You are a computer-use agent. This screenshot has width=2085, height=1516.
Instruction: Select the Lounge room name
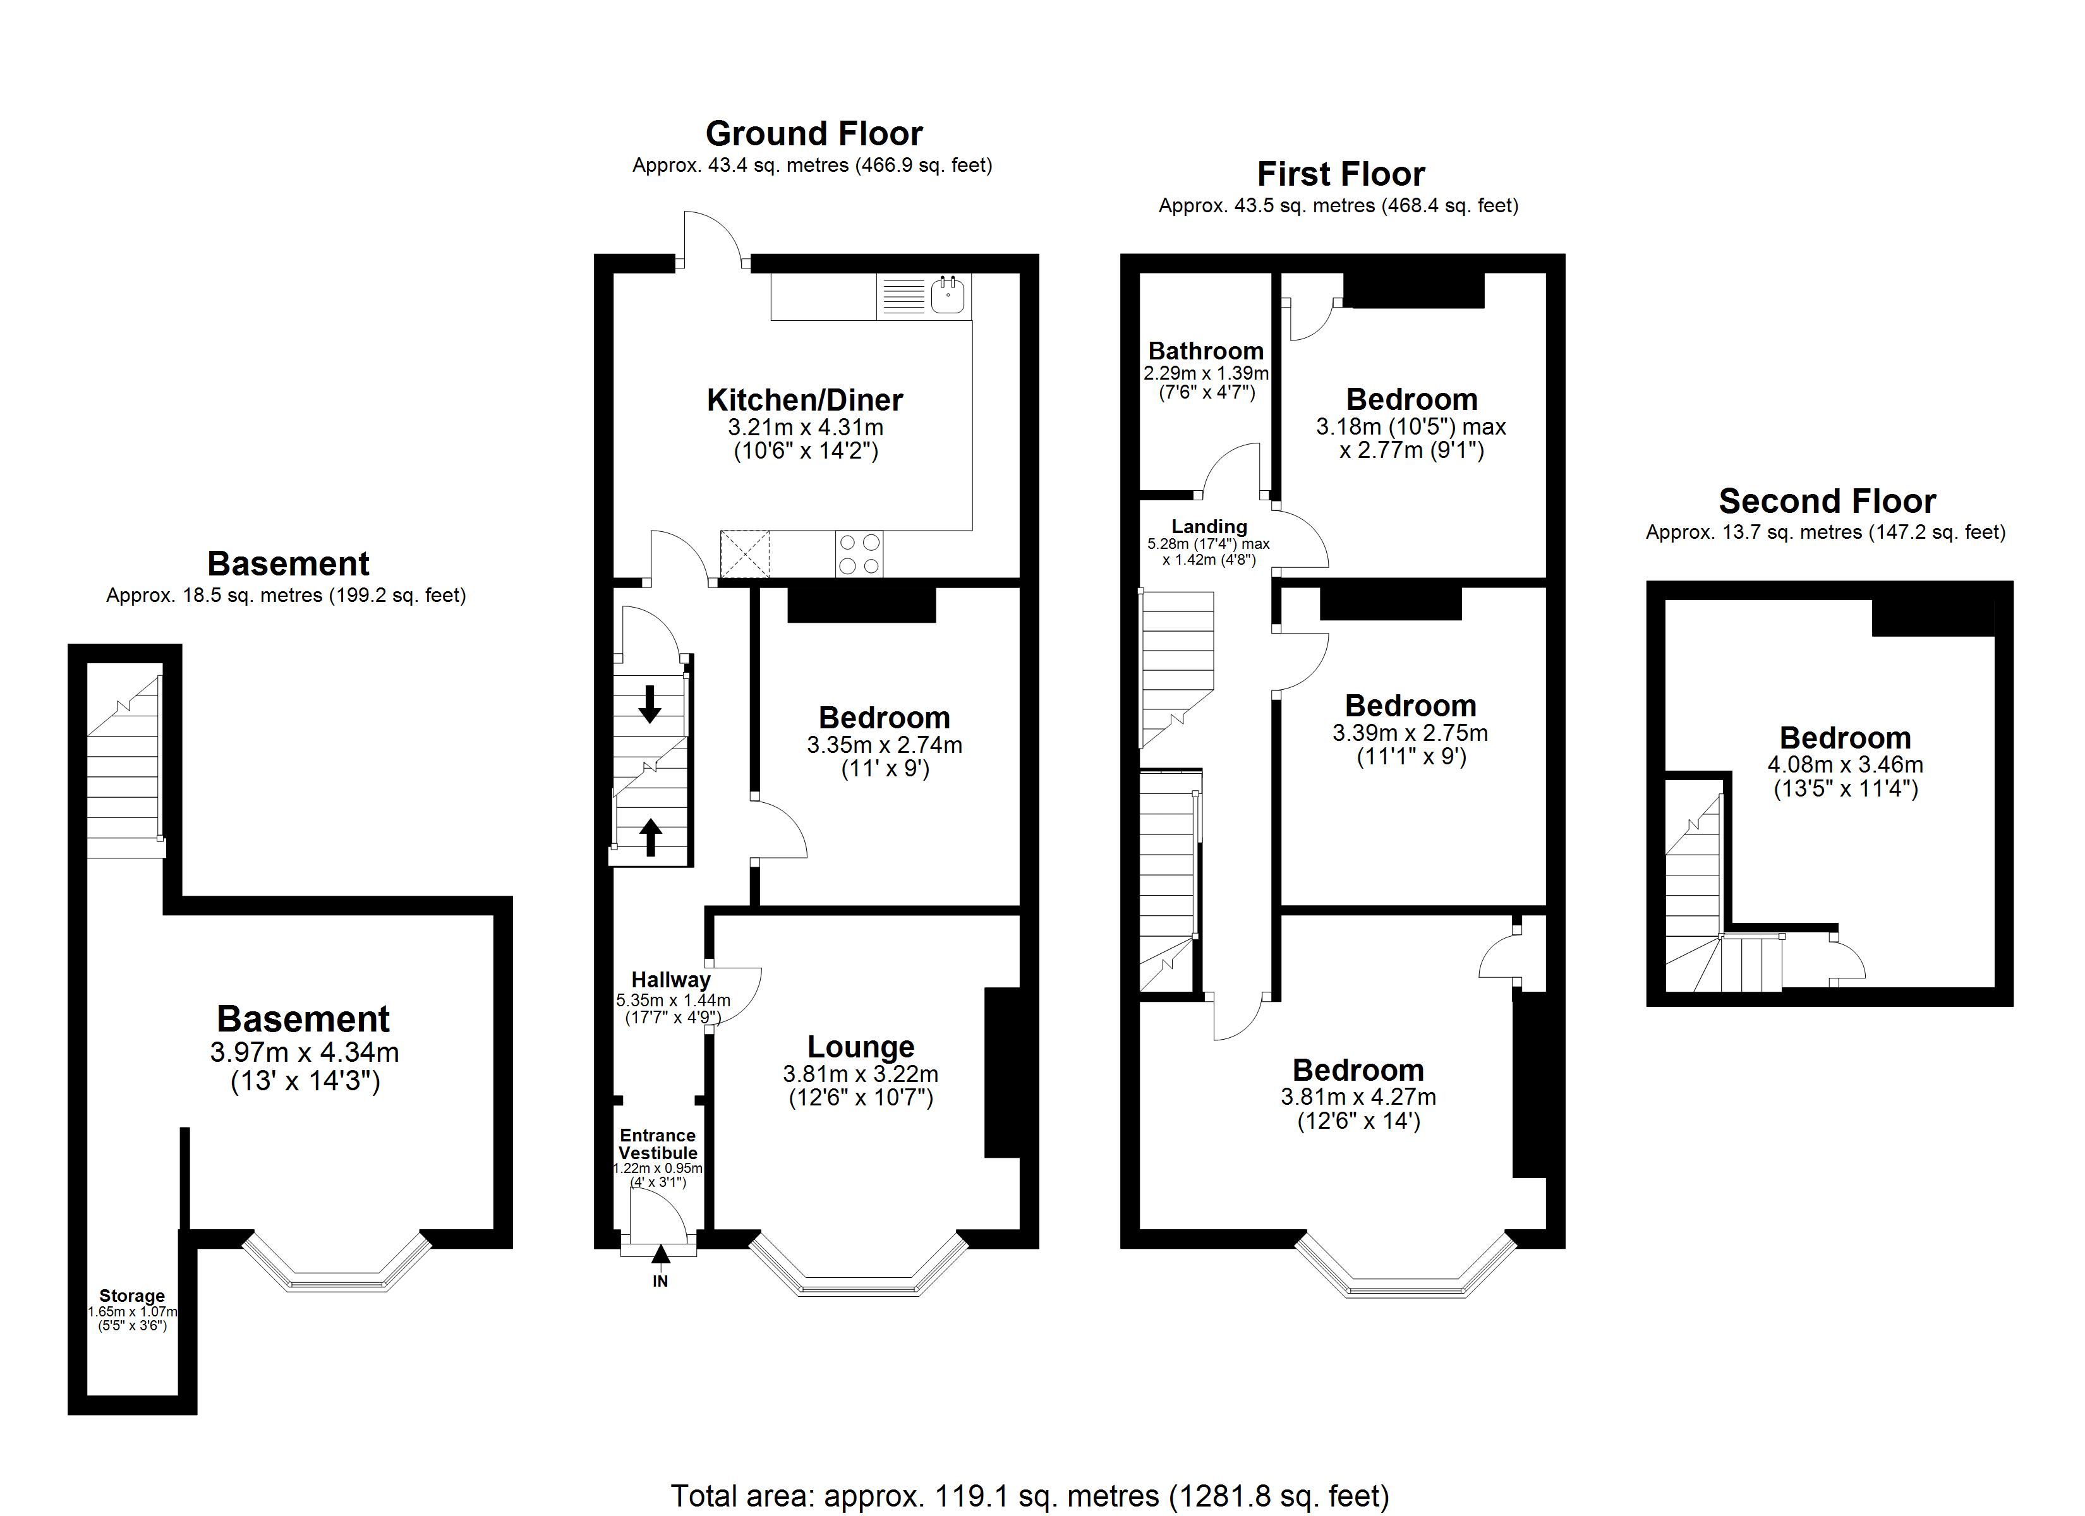(x=861, y=1047)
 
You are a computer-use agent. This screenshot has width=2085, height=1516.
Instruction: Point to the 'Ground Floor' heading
(x=814, y=134)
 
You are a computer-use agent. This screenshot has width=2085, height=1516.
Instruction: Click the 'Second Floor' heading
(x=1828, y=501)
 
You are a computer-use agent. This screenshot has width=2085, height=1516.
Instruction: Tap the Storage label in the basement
(x=133, y=1296)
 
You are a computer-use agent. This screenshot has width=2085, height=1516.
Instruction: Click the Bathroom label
(x=1206, y=351)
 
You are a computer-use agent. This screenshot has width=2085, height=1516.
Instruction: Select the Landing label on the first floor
(x=1209, y=527)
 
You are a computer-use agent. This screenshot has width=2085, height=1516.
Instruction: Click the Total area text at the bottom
(x=1030, y=1496)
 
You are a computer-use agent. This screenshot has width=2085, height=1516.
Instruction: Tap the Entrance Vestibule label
(x=657, y=1144)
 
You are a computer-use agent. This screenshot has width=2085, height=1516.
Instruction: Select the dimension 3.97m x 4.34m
(x=305, y=1052)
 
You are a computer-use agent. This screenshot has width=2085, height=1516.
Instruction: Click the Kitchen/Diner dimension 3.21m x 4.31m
(x=806, y=428)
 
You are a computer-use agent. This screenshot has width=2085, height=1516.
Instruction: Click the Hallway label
(x=670, y=980)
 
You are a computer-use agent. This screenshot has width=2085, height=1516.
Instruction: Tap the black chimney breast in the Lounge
(x=1003, y=1072)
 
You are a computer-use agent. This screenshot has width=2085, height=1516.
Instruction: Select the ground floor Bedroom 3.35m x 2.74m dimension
(x=885, y=745)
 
